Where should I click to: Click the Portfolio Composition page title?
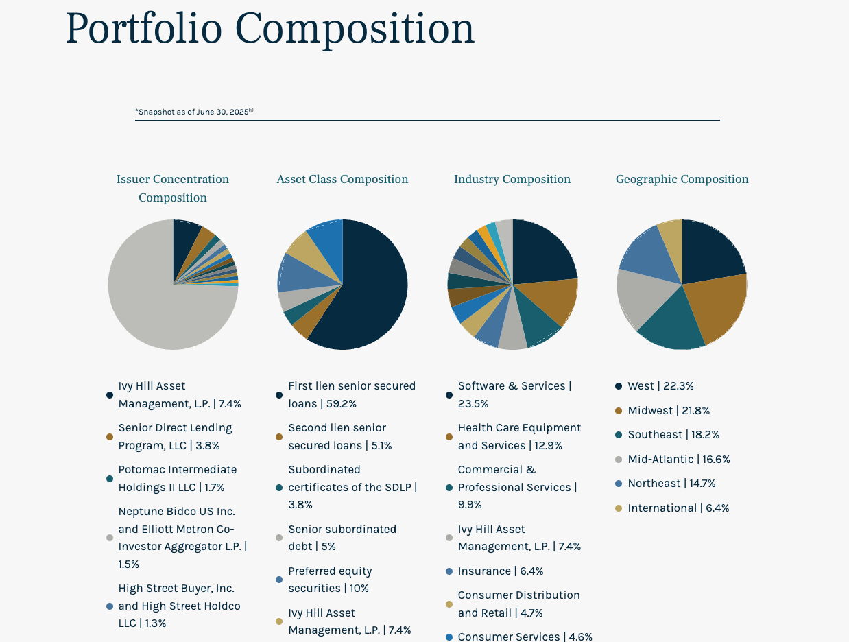pyautogui.click(x=270, y=29)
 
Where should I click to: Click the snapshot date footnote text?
pyautogui.click(x=194, y=111)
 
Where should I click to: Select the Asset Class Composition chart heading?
pyautogui.click(x=342, y=179)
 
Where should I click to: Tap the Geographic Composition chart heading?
pyautogui.click(x=682, y=179)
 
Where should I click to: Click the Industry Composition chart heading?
pyautogui.click(x=512, y=179)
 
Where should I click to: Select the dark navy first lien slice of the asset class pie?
pyautogui.click(x=374, y=288)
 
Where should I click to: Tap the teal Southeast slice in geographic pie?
pyautogui.click(x=672, y=322)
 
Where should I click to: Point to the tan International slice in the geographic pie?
pyautogui.click(x=671, y=237)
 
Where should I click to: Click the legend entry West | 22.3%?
pyautogui.click(x=660, y=386)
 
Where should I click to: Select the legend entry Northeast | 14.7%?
pyautogui.click(x=671, y=484)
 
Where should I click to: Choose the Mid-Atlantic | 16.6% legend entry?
pyautogui.click(x=678, y=460)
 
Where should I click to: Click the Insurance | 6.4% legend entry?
pyautogui.click(x=500, y=571)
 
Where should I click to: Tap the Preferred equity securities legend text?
pyautogui.click(x=330, y=580)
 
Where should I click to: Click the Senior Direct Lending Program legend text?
pyautogui.click(x=175, y=437)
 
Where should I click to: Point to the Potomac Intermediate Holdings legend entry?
pyautogui.click(x=177, y=479)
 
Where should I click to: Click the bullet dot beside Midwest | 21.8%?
pyautogui.click(x=619, y=411)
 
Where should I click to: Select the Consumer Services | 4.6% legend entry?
pyautogui.click(x=525, y=637)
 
